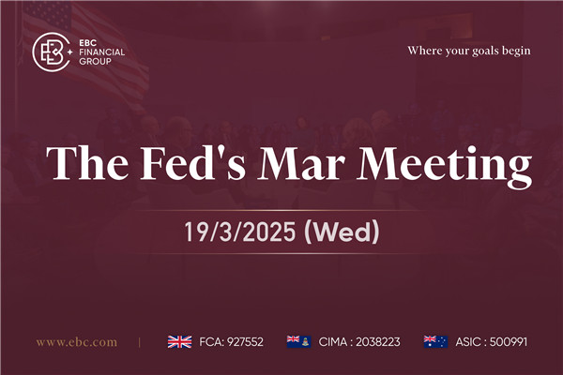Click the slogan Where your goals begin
469,50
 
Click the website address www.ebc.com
77,342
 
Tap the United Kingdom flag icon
179,342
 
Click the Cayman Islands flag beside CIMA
298,342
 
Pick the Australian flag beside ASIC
435,342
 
